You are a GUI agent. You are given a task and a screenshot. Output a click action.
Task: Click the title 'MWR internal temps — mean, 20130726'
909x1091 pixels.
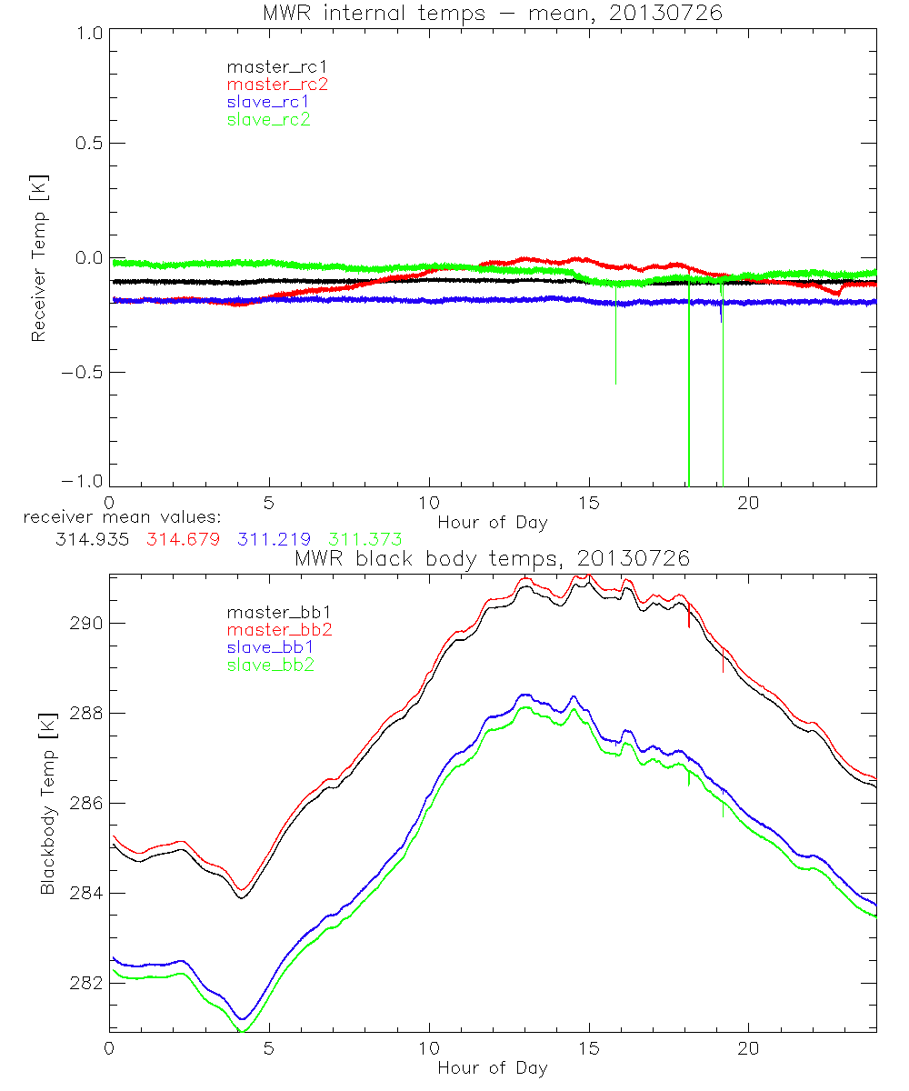[492, 13]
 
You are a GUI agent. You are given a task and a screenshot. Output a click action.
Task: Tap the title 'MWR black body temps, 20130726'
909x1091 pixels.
[492, 558]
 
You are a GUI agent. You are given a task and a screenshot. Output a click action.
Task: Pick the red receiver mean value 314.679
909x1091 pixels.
[182, 540]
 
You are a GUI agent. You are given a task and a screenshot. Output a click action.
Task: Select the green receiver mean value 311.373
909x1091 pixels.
[361, 540]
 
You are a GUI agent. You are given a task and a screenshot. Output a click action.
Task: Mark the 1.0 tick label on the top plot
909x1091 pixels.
[88, 33]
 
